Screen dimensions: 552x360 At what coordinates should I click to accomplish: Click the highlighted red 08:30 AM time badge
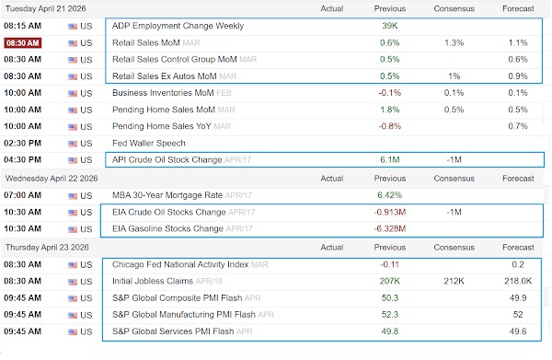pyautogui.click(x=23, y=43)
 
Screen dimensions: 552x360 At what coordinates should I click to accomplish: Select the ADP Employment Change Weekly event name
pyautogui.click(x=178, y=26)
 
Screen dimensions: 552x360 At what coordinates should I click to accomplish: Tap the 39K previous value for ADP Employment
pyautogui.click(x=390, y=26)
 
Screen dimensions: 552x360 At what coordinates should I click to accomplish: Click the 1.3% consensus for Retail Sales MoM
pyautogui.click(x=454, y=43)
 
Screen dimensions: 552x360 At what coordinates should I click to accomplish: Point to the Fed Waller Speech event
pyautogui.click(x=148, y=144)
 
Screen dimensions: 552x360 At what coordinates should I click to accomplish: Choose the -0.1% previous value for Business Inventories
pyautogui.click(x=390, y=93)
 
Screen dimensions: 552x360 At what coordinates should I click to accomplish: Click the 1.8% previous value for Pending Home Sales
pyautogui.click(x=390, y=110)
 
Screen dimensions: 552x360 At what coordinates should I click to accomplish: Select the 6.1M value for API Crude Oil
pyautogui.click(x=390, y=160)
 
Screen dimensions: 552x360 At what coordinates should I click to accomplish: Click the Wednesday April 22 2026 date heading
pyautogui.click(x=52, y=179)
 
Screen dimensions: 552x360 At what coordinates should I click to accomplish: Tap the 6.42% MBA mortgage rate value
pyautogui.click(x=390, y=195)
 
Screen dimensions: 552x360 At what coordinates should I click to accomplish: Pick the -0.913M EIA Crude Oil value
pyautogui.click(x=390, y=212)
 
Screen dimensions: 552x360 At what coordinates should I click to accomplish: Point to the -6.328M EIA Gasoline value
pyautogui.click(x=390, y=229)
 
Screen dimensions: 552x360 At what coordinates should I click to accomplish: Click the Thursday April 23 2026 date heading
pyautogui.click(x=47, y=248)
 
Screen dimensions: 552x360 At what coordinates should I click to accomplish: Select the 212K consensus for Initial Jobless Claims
pyautogui.click(x=454, y=281)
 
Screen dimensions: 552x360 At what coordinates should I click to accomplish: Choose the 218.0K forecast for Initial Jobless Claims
pyautogui.click(x=518, y=281)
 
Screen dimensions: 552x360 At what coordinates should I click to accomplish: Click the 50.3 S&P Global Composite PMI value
pyautogui.click(x=390, y=298)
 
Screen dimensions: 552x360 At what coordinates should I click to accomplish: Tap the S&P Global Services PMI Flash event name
pyautogui.click(x=173, y=331)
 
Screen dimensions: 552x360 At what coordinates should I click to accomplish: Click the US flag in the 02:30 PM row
pyautogui.click(x=73, y=144)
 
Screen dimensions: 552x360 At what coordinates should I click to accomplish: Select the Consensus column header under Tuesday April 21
pyautogui.click(x=454, y=9)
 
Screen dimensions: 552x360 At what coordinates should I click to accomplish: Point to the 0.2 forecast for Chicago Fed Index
pyautogui.click(x=518, y=264)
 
